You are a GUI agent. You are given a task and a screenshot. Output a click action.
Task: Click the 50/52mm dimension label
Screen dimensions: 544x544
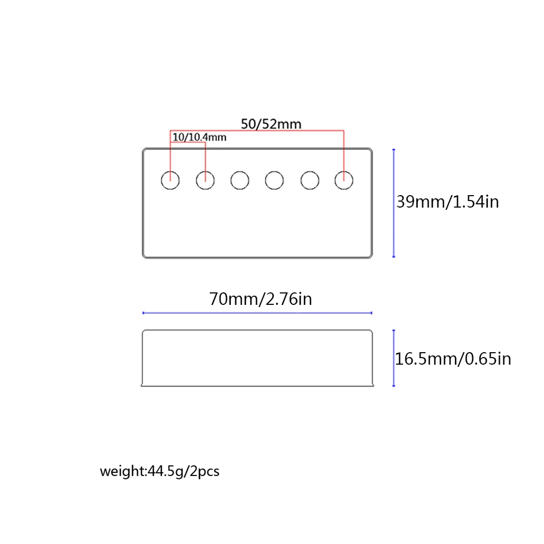tap(271, 123)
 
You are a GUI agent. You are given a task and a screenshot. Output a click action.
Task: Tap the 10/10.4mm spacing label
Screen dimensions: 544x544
tap(199, 137)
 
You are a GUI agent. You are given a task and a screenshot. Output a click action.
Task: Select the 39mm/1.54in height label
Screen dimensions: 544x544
tap(447, 202)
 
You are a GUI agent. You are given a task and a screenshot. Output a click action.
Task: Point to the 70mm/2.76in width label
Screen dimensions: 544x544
tap(261, 299)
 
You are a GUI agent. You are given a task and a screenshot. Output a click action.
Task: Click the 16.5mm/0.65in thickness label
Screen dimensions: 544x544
tap(453, 359)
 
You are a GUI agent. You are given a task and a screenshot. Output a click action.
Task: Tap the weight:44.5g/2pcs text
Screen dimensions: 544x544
tap(160, 471)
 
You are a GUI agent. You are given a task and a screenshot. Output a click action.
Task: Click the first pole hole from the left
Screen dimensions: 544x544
tap(171, 180)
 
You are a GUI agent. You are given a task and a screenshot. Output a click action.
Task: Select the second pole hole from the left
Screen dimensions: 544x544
tap(205, 180)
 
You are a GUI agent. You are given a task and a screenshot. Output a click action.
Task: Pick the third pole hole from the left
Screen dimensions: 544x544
tap(240, 180)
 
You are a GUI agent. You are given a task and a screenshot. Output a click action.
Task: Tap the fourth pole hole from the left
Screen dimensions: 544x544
tap(274, 180)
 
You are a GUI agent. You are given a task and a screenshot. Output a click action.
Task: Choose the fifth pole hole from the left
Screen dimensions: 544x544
tap(309, 180)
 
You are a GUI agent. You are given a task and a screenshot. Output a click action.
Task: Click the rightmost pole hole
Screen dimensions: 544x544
tap(343, 180)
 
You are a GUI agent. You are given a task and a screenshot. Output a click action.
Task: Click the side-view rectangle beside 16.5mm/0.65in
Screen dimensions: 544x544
tap(258, 358)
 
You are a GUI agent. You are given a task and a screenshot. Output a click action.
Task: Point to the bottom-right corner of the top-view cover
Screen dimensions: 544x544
tap(371, 256)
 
